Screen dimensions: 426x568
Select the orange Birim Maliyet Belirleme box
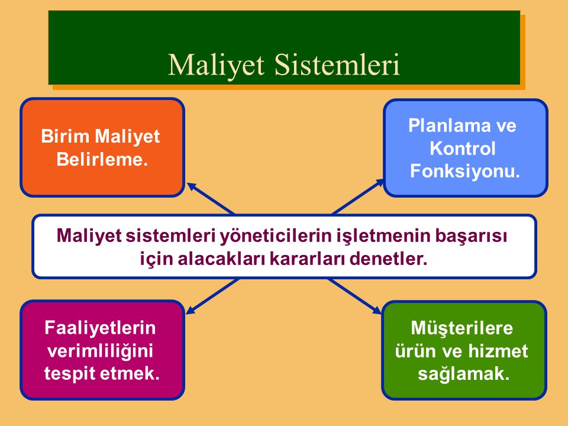point(102,147)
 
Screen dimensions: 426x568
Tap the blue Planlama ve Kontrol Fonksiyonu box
point(466,148)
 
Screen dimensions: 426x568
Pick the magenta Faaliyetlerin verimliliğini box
point(102,350)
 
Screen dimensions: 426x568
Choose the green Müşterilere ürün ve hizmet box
point(464,350)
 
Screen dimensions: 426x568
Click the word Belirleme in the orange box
point(101,160)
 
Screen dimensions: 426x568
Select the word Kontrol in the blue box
point(462,149)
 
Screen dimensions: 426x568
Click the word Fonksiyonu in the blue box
point(464,172)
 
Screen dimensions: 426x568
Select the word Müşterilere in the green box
point(461,328)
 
